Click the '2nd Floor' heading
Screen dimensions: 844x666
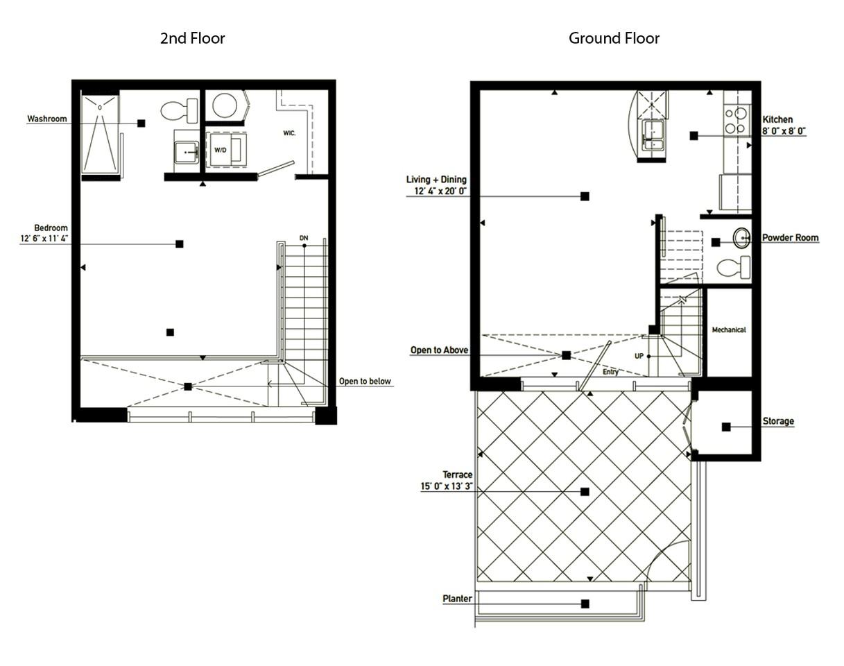point(193,38)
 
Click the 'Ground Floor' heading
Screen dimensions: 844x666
point(614,38)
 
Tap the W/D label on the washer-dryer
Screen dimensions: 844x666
point(220,150)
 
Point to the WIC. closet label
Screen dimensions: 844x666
point(289,133)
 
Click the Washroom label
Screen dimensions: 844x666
point(47,119)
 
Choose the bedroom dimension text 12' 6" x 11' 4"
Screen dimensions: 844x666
point(44,238)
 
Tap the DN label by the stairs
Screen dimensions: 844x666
point(304,238)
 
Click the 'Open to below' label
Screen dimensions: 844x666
point(365,381)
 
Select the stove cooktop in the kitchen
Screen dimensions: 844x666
point(736,121)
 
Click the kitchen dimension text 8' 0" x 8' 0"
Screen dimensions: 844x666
point(784,131)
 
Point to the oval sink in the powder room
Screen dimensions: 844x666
point(741,238)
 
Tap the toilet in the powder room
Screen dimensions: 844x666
point(734,267)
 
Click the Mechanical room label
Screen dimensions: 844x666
point(729,330)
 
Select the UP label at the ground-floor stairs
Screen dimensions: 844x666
point(639,356)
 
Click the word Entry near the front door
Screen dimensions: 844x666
point(610,372)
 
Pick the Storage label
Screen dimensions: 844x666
point(778,421)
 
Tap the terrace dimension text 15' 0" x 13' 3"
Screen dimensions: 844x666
point(447,486)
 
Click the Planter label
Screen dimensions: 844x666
point(457,599)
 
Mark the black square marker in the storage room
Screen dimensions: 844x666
point(726,427)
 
